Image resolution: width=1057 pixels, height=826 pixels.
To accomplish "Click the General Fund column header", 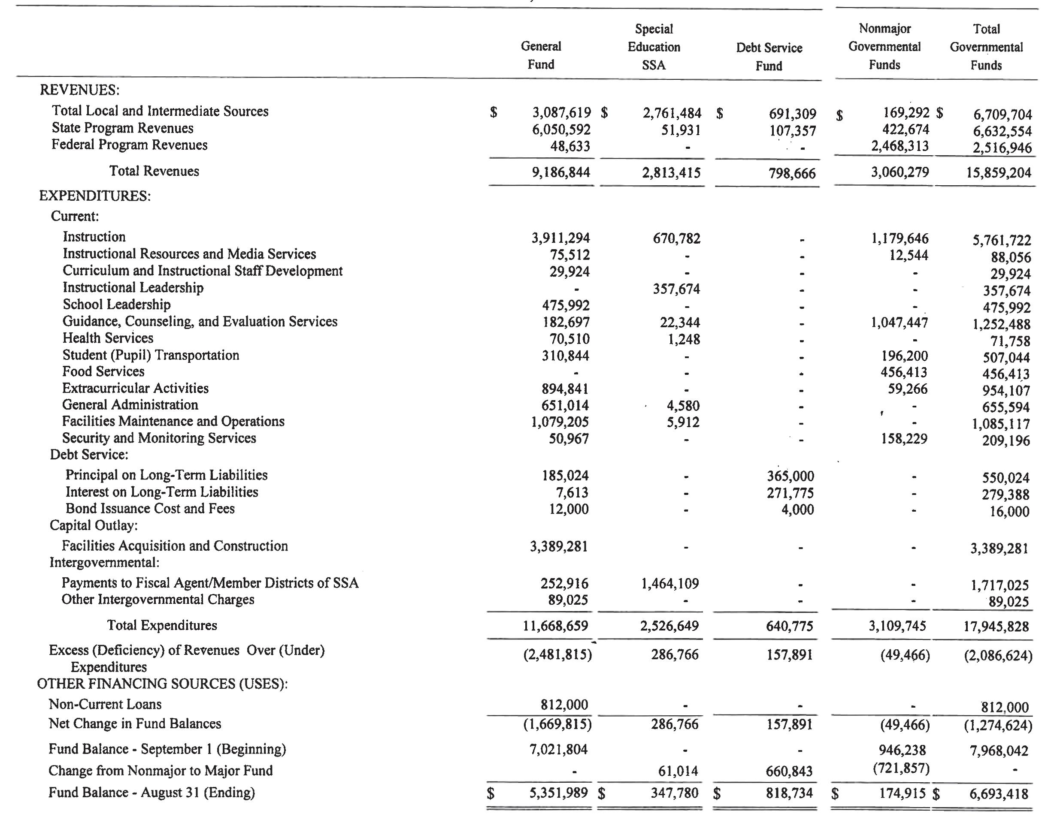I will pyautogui.click(x=541, y=55).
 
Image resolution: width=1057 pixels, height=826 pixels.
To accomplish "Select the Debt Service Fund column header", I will pyautogui.click(x=769, y=57).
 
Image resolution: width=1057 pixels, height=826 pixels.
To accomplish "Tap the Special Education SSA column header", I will pyautogui.click(x=654, y=47).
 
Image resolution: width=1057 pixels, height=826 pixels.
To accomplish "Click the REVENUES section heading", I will pyautogui.click(x=79, y=90).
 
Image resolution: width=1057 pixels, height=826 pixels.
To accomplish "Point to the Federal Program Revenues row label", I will pyautogui.click(x=129, y=145).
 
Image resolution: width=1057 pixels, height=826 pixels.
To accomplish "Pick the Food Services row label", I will pyautogui.click(x=103, y=371).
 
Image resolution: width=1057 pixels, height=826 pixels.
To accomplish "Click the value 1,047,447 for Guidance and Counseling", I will pyautogui.click(x=899, y=323).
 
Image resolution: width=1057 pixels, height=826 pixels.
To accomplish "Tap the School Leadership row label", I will pyautogui.click(x=117, y=304).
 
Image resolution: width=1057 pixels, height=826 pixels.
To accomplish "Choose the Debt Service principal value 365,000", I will pyautogui.click(x=790, y=476).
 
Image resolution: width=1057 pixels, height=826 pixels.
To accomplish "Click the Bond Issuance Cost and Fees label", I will pyautogui.click(x=150, y=509).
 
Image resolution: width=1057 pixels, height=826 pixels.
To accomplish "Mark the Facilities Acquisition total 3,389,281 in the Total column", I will pyautogui.click(x=999, y=549).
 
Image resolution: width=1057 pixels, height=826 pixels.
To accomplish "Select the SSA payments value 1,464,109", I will pyautogui.click(x=670, y=584).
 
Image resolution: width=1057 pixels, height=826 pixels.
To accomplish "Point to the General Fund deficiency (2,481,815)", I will pyautogui.click(x=557, y=655).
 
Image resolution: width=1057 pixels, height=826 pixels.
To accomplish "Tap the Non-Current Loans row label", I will pyautogui.click(x=105, y=705).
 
